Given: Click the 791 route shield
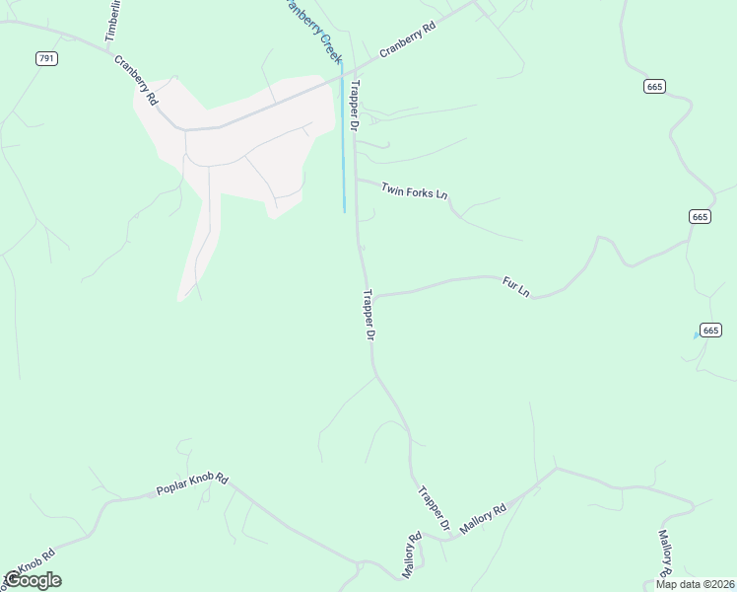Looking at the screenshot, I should [47, 59].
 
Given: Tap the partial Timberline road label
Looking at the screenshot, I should [111, 20].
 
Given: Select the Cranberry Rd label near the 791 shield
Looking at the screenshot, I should [136, 80].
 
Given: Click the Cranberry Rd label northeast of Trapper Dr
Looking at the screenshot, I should [407, 42].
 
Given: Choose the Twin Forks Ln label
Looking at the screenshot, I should [415, 187].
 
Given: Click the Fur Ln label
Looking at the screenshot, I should [516, 287].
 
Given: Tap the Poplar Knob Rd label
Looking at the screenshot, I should [192, 484].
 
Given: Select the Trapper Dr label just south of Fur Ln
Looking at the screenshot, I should [369, 316].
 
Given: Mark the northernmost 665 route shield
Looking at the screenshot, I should [656, 87].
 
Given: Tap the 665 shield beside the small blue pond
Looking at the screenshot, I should [711, 330].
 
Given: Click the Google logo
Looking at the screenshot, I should [33, 580].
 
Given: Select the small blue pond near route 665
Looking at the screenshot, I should [697, 335].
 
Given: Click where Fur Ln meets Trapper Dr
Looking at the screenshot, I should [371, 295].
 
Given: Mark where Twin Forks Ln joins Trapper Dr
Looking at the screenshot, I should [356, 180].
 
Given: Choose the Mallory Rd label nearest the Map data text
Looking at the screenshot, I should [664, 555].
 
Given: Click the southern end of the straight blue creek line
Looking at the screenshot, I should [344, 210].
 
